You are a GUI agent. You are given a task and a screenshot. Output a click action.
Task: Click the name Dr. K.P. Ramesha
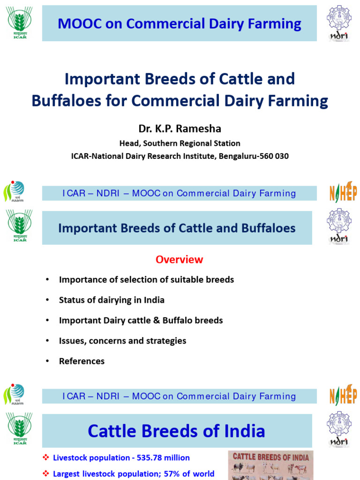point(180,129)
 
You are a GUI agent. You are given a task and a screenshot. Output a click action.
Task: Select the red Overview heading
point(180,259)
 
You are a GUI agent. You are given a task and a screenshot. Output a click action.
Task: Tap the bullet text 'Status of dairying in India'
point(112,300)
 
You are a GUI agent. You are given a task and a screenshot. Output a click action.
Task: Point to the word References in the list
point(82,361)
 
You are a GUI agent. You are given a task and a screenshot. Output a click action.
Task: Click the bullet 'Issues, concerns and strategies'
point(122,341)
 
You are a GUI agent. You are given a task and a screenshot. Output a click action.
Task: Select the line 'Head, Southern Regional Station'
point(180,143)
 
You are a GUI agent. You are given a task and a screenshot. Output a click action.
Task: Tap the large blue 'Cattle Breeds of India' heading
point(177,431)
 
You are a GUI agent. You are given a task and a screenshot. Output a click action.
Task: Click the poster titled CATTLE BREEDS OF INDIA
point(271,465)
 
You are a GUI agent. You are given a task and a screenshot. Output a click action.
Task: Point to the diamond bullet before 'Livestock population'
point(45,457)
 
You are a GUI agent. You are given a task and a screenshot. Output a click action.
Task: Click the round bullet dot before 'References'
point(47,361)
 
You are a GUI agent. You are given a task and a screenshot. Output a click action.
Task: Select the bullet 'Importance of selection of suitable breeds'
point(146,280)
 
